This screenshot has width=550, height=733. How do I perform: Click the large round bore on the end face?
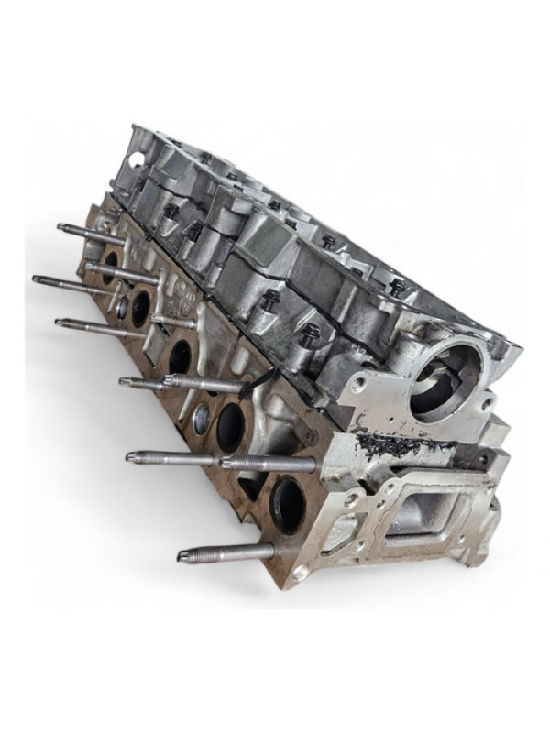coord(446,381)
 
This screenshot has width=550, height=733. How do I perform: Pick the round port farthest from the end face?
coord(110,267)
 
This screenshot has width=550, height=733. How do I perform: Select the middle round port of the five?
coord(180,355)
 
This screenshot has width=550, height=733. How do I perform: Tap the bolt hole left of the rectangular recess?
coord(352,499)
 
